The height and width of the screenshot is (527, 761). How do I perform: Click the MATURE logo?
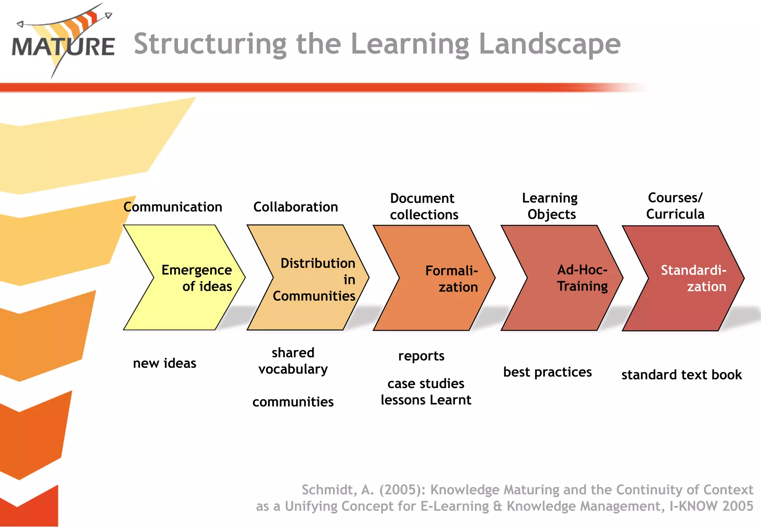pyautogui.click(x=63, y=43)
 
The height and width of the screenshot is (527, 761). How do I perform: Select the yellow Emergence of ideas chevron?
pyautogui.click(x=186, y=278)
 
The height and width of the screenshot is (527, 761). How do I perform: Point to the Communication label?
pyautogui.click(x=173, y=207)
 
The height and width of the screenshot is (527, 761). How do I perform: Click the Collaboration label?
pyautogui.click(x=296, y=207)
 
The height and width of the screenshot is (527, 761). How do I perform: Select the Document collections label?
pyautogui.click(x=424, y=207)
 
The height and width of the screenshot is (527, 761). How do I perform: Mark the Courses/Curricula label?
pyautogui.click(x=675, y=206)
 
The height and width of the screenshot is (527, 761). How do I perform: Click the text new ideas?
pyautogui.click(x=165, y=363)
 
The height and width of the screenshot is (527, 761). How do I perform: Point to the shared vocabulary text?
pyautogui.click(x=293, y=361)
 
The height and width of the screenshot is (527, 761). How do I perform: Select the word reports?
pyautogui.click(x=421, y=356)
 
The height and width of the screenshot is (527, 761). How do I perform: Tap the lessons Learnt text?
pyautogui.click(x=426, y=400)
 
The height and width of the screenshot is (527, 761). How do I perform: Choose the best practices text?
pyautogui.click(x=547, y=372)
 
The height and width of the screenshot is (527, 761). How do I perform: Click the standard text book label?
pyautogui.click(x=681, y=375)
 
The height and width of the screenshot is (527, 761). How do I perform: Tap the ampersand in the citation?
pyautogui.click(x=498, y=507)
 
